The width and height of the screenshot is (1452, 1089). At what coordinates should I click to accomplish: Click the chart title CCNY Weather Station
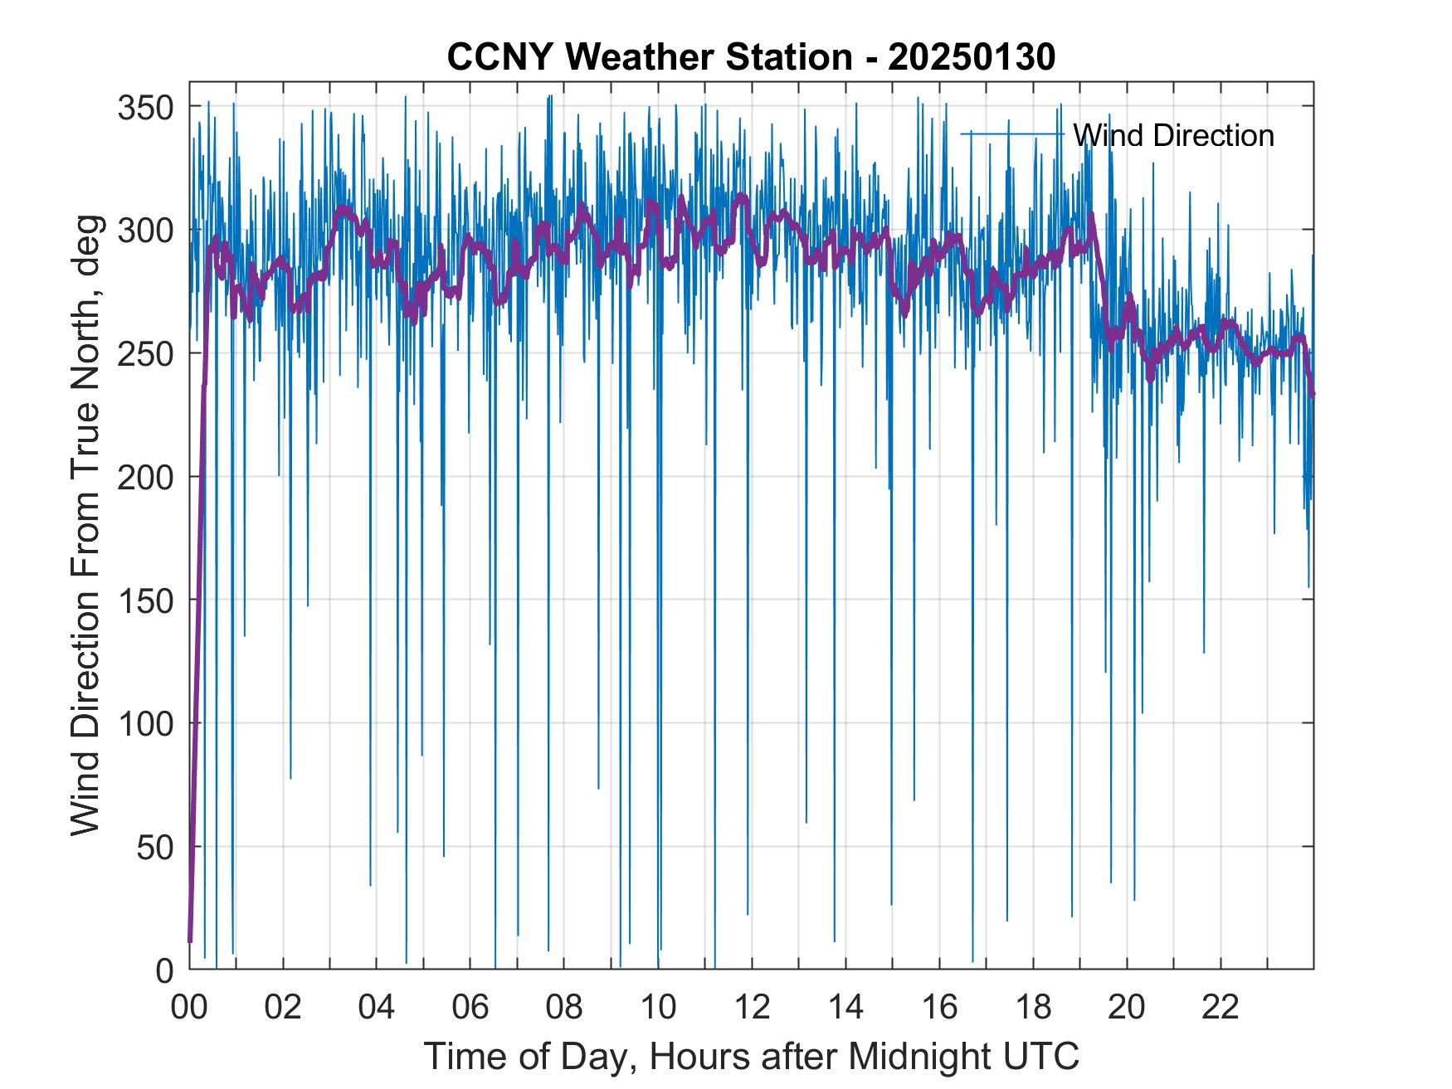751,57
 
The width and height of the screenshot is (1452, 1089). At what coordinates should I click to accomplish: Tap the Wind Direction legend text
1173,135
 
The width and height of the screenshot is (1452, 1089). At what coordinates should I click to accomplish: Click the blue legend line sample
1012,134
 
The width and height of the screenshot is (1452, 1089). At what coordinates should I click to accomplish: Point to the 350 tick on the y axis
144,107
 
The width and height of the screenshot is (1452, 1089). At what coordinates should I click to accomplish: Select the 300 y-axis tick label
144,231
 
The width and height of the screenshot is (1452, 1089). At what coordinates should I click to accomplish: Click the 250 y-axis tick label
144,354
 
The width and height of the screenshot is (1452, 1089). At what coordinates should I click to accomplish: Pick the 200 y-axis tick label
144,477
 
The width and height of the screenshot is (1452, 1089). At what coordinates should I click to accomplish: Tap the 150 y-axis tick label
144,600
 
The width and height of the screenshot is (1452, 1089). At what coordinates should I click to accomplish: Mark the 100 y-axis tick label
144,724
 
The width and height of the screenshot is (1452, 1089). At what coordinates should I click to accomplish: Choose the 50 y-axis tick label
154,848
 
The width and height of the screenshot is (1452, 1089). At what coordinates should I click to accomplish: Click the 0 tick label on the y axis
164,970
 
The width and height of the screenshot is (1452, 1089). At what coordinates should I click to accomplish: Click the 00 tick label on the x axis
189,1009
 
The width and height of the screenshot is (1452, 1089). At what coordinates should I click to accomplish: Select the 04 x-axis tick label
377,1009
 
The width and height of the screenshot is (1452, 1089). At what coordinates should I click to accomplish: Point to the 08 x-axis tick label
564,1009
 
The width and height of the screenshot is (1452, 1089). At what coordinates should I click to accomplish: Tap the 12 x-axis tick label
752,1009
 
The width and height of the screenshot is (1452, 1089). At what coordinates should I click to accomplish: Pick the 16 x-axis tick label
939,1009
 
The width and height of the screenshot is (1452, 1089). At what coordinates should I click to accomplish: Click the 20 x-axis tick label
1127,1009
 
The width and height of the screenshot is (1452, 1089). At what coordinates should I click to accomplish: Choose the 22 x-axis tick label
1221,1009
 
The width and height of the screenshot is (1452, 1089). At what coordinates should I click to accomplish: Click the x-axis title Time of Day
752,1056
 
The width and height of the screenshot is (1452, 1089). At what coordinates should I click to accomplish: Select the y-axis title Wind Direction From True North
85,525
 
